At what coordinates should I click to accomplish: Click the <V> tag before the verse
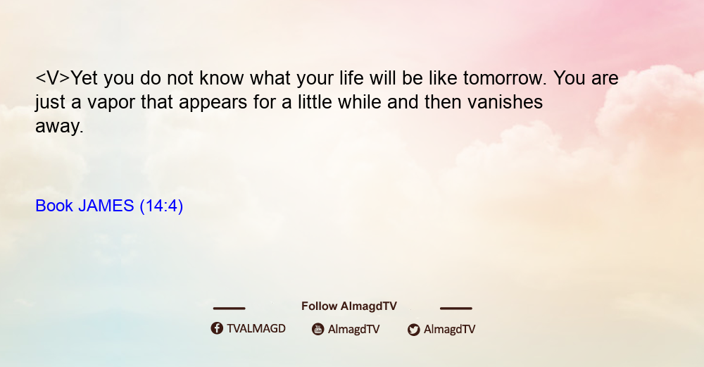[53, 78]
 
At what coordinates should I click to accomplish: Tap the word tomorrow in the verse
[505, 78]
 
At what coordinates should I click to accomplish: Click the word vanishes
[505, 102]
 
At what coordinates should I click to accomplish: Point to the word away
[59, 127]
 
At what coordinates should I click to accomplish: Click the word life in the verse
[348, 78]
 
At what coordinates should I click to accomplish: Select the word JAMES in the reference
[106, 206]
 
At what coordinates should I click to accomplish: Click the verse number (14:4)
[161, 206]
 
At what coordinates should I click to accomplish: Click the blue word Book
[54, 206]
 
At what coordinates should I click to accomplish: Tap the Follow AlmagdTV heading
[349, 306]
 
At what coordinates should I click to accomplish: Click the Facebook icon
[217, 328]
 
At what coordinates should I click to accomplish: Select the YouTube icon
[318, 329]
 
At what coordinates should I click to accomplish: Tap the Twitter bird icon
[413, 330]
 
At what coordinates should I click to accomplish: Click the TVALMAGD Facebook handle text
[256, 329]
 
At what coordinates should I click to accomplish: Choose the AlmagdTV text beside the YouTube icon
[354, 330]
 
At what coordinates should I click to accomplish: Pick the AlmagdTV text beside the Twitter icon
[449, 330]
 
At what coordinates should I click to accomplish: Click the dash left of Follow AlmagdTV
[229, 309]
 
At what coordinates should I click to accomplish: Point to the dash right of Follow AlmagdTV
[456, 309]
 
